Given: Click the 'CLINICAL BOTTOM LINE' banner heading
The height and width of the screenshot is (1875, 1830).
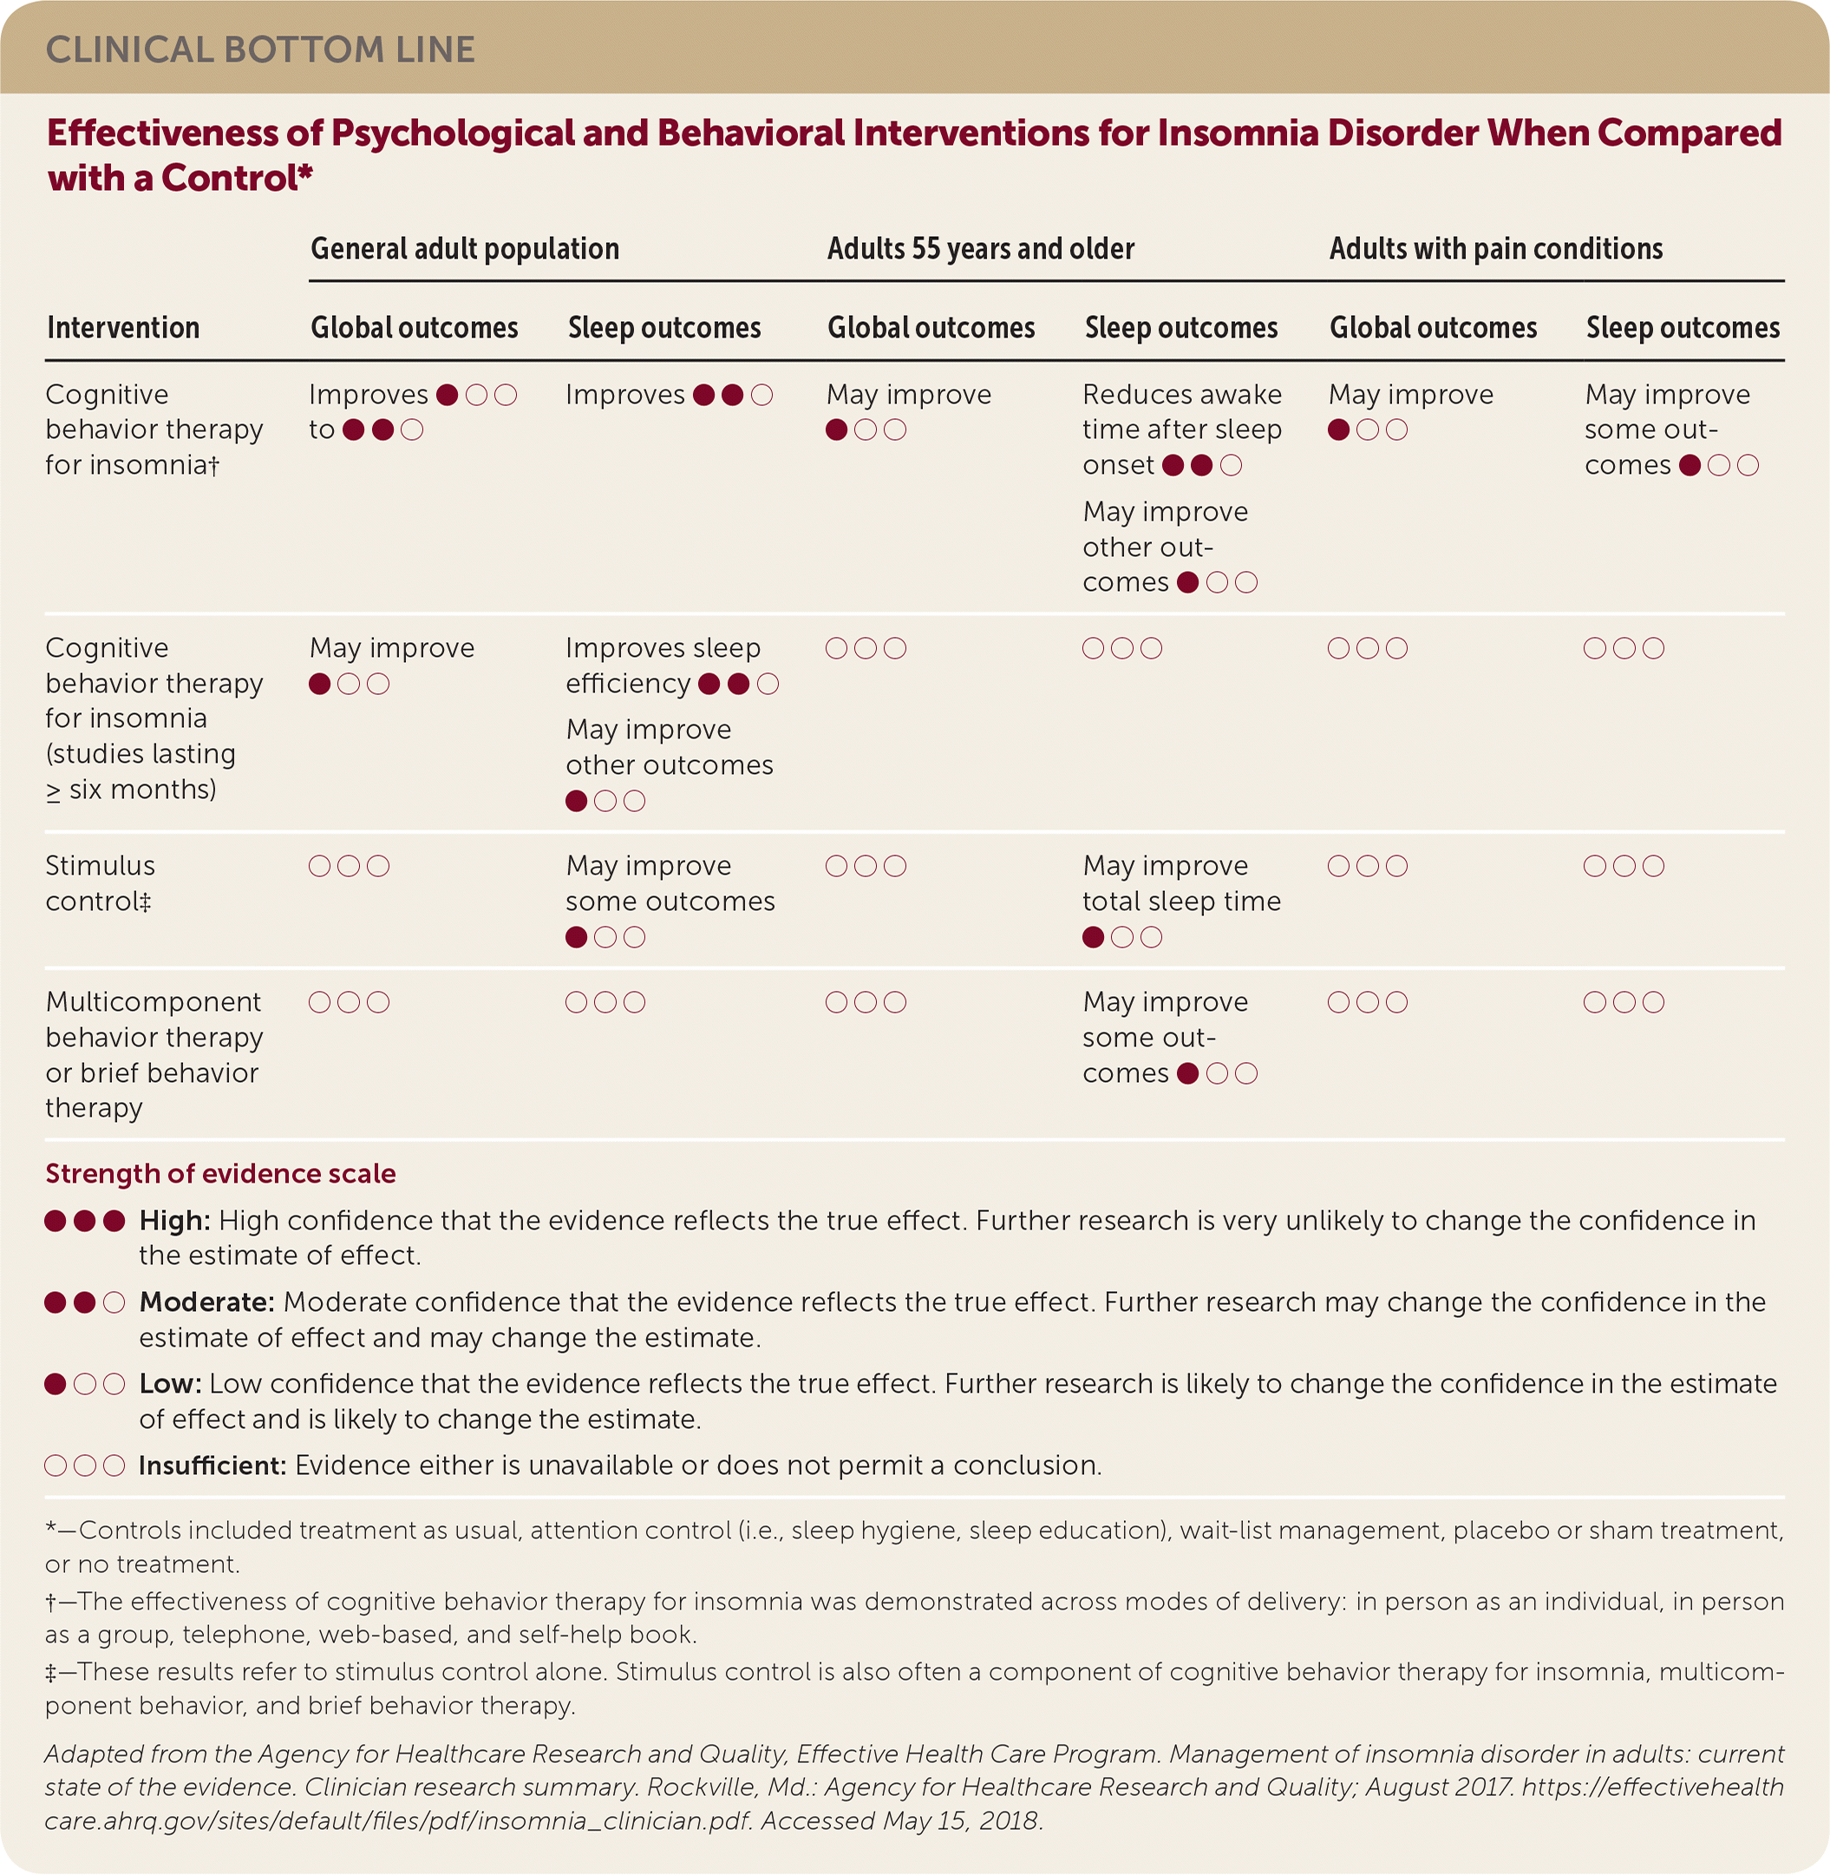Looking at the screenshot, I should click(x=260, y=50).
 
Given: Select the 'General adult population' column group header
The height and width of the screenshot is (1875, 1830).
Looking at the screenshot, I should click(x=464, y=249).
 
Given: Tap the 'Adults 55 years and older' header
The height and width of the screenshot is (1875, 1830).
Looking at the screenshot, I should click(x=980, y=249).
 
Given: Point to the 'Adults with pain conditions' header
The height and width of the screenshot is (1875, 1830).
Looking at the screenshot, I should click(x=1495, y=249).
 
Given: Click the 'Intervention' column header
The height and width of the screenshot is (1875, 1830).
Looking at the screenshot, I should click(x=123, y=328).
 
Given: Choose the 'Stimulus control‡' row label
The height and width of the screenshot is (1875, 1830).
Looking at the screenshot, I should click(x=100, y=883).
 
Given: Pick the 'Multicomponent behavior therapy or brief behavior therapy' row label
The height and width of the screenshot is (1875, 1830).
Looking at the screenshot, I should click(x=154, y=1055).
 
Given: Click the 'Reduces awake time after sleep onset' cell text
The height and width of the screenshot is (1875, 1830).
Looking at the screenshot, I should click(x=1181, y=429).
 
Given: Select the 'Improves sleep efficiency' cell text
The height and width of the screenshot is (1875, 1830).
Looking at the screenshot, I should click(x=663, y=665).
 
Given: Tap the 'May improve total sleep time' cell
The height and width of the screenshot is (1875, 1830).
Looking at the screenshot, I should click(x=1181, y=883).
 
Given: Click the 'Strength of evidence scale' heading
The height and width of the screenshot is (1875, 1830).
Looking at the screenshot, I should click(x=220, y=1174).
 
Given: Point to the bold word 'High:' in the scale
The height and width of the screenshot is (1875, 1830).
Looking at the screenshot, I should click(x=175, y=1221).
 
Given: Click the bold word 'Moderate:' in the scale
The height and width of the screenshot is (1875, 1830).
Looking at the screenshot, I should click(x=206, y=1303).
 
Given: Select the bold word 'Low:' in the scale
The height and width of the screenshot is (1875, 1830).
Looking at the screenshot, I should click(x=170, y=1385).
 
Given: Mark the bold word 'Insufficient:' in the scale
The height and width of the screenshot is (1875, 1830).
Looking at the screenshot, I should click(x=212, y=1466).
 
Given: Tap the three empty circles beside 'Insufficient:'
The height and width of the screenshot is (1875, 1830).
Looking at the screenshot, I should click(x=85, y=1466).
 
